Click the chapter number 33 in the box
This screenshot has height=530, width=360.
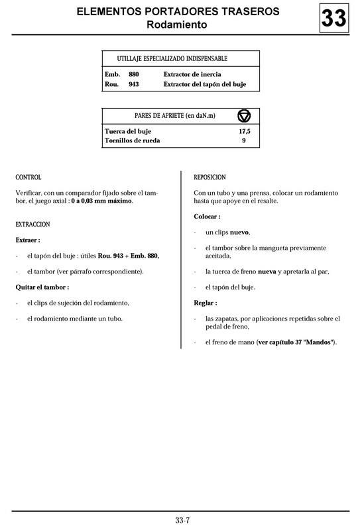[x=333, y=18]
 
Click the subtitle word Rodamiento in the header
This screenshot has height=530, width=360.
[x=177, y=25]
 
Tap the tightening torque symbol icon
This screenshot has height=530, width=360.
[x=244, y=116]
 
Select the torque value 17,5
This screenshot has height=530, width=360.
[x=244, y=131]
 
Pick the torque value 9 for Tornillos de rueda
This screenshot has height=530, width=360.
[x=244, y=140]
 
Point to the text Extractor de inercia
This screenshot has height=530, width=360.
[x=192, y=74]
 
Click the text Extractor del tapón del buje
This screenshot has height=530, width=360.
[x=206, y=84]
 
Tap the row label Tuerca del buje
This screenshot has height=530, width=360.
[x=129, y=131]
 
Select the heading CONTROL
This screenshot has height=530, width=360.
[x=29, y=178]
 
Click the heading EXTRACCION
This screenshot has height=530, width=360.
[x=32, y=225]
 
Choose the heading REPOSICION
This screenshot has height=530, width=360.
[x=210, y=178]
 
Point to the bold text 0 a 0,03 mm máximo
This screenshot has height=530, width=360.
[x=102, y=201]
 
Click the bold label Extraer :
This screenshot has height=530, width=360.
[x=28, y=240]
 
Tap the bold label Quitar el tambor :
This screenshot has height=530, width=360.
[x=42, y=287]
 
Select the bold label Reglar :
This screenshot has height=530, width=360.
[x=206, y=303]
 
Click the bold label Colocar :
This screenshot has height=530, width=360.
[x=208, y=217]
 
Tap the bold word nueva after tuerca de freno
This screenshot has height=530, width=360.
[x=267, y=272]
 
